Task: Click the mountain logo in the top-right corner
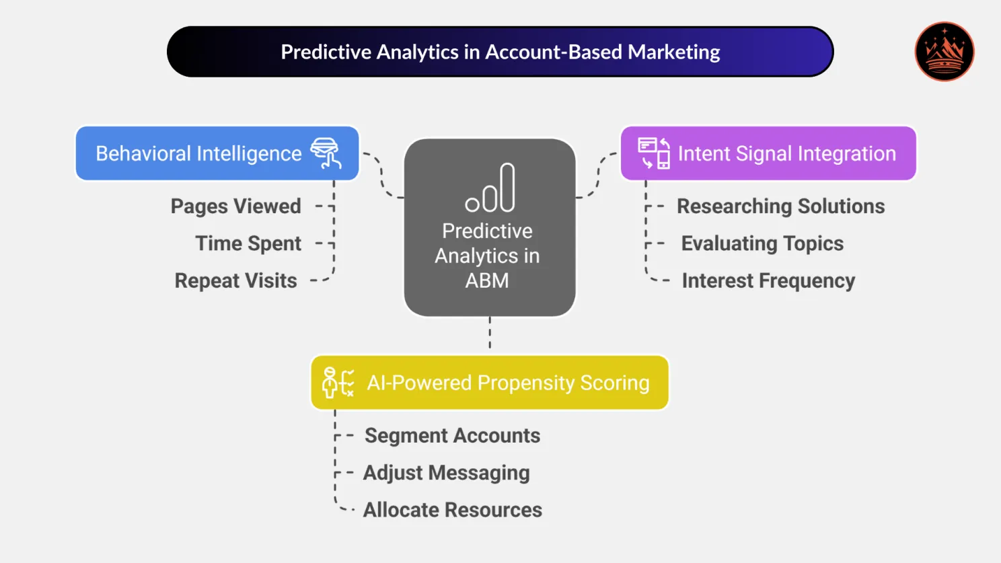944,52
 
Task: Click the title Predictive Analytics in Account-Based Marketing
500,52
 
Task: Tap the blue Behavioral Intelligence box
217,153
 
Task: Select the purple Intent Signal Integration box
768,153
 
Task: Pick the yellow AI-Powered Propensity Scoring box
490,383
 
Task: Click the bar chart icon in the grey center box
490,188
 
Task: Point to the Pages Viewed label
235,207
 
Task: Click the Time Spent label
248,243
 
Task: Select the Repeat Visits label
235,280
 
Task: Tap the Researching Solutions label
780,207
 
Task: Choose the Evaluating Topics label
762,243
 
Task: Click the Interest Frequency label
768,280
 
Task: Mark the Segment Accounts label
452,436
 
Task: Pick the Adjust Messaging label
446,473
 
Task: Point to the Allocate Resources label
452,510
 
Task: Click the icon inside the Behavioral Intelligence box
326,153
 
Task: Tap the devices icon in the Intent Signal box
653,153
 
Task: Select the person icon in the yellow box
337,383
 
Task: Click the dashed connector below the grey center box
490,334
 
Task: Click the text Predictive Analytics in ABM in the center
487,256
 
